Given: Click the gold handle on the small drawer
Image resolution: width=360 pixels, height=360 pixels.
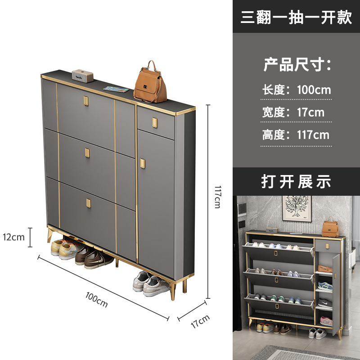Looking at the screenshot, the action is (x=155, y=122).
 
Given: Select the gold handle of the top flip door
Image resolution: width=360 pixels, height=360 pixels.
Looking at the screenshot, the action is (x=85, y=100).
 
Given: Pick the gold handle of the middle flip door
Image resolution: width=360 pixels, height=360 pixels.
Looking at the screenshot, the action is (x=86, y=153).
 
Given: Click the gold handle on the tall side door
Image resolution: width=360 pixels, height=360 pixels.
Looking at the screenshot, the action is (x=143, y=163).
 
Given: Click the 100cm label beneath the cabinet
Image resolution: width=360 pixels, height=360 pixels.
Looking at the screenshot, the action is (x=97, y=299).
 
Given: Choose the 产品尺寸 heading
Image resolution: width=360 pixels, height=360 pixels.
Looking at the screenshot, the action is (x=297, y=65).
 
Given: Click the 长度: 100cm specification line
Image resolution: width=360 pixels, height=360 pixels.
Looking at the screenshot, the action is (x=297, y=90).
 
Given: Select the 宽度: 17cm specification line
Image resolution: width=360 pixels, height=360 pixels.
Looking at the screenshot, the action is (x=293, y=112).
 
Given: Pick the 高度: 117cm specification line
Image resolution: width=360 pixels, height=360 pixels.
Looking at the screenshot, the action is (x=296, y=135).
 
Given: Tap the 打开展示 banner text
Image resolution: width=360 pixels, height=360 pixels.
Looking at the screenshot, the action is (x=296, y=181).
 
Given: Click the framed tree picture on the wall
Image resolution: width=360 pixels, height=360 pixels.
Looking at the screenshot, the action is (x=297, y=208).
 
